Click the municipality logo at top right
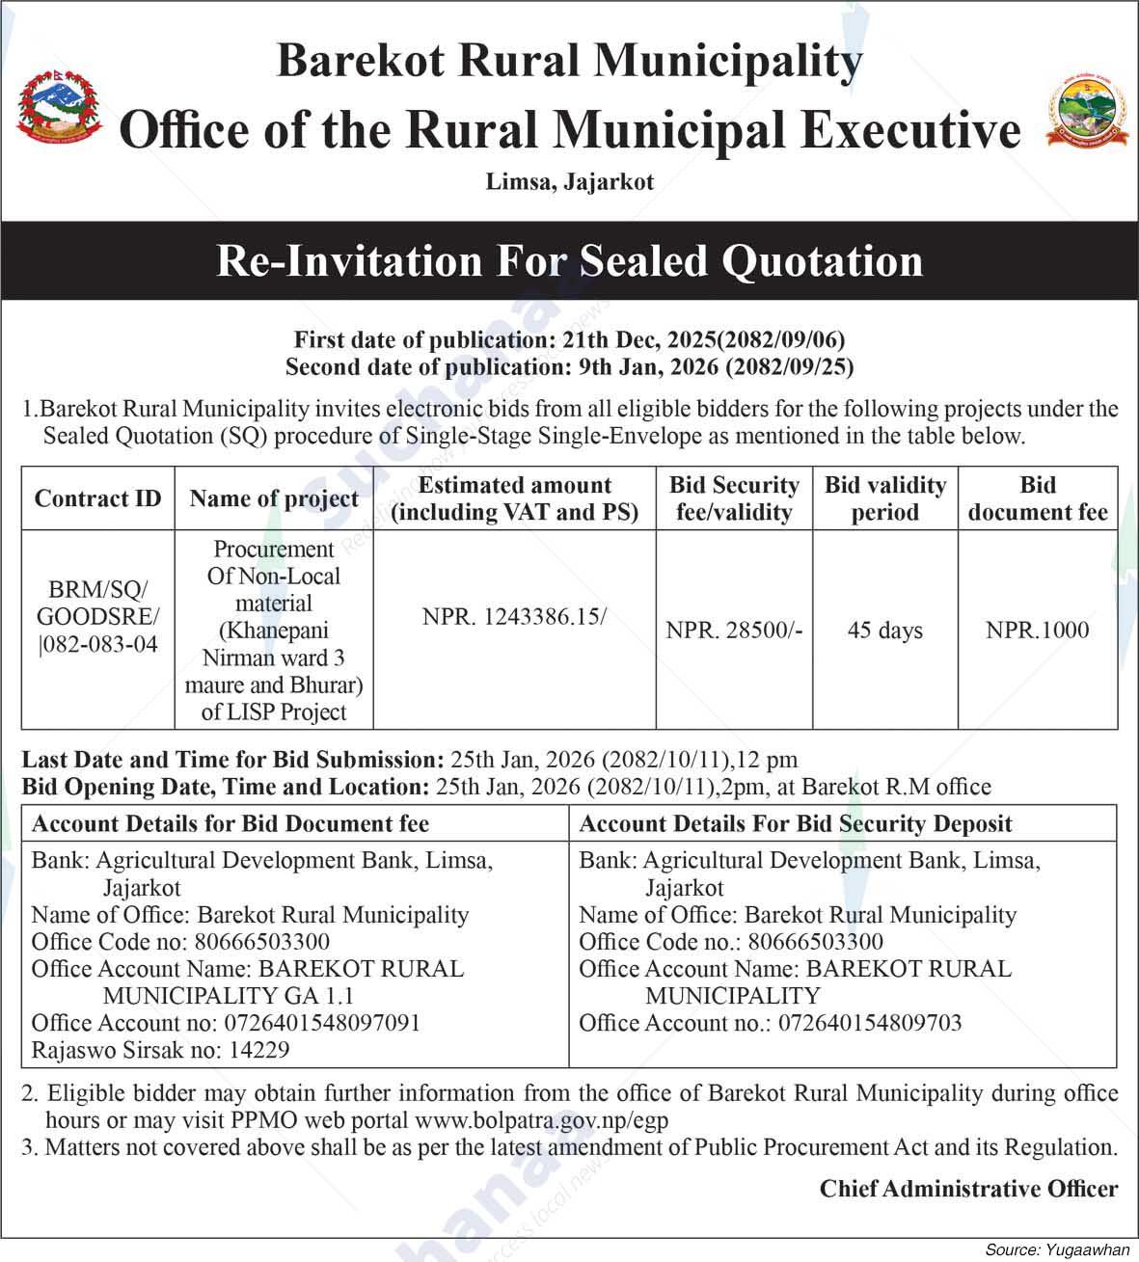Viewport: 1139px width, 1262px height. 1087,111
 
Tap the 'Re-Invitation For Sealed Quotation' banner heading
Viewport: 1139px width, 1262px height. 569,261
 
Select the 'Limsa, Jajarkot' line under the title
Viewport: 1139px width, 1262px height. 569,181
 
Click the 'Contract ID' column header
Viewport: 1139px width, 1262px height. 97,498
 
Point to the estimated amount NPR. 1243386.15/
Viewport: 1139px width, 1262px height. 514,617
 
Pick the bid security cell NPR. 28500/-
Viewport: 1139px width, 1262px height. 734,631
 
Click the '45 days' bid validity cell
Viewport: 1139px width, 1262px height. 884,631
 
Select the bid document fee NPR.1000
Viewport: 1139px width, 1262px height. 1037,631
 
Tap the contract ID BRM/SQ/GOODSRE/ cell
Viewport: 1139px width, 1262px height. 97,616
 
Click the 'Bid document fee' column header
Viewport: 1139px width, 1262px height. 1037,498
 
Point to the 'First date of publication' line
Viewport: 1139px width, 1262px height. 569,339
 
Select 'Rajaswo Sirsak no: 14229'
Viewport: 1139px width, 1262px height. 160,1050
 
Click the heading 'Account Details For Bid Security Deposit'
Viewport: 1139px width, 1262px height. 796,824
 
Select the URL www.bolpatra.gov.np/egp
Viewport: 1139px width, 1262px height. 541,1120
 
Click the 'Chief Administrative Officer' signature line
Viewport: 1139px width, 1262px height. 968,1189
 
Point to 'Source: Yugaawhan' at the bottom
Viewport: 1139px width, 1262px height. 1057,1249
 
